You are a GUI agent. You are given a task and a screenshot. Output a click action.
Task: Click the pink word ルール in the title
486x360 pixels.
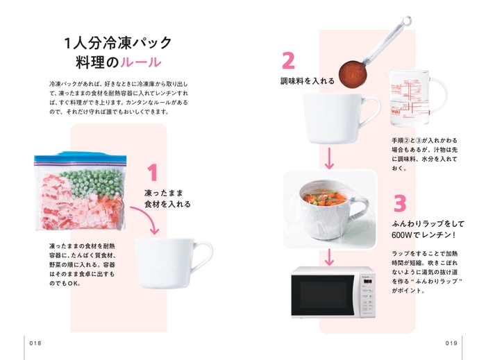(x=141, y=62)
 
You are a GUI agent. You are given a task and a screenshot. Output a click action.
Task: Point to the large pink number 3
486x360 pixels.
(x=399, y=203)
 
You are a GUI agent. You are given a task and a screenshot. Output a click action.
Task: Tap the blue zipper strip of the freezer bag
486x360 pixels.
(x=78, y=156)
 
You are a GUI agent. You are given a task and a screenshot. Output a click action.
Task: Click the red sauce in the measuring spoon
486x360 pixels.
(x=352, y=71)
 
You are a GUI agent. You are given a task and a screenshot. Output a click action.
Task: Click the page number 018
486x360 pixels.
(x=36, y=343)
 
